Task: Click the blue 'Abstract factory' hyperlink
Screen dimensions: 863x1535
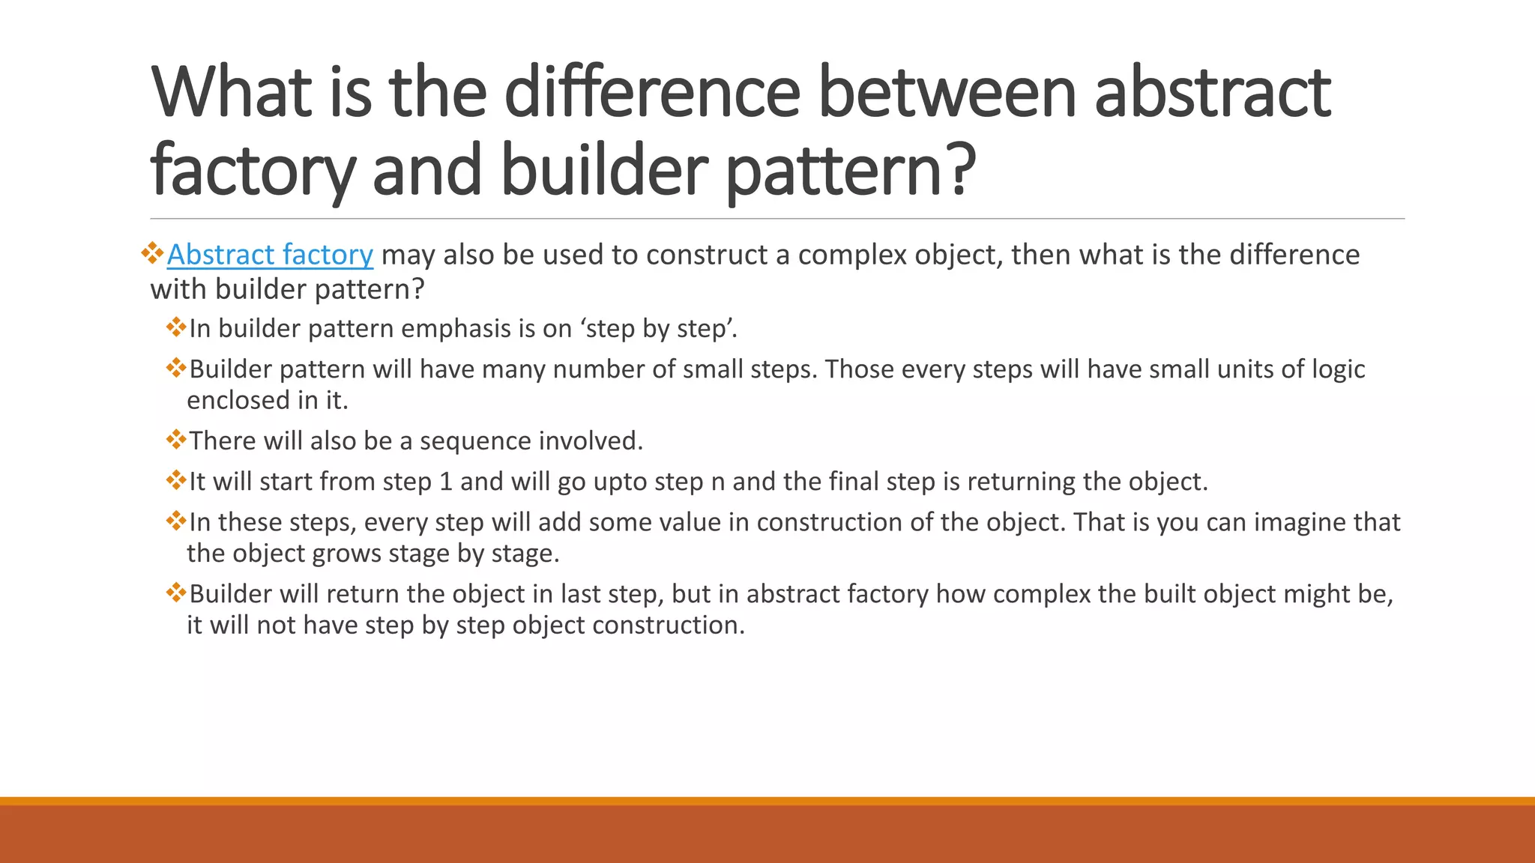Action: (x=270, y=255)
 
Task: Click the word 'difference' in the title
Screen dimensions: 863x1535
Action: (x=652, y=93)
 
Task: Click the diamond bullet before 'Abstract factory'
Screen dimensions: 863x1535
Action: (x=152, y=252)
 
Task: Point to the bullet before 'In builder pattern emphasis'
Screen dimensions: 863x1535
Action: (x=176, y=327)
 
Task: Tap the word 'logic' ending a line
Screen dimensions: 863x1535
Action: (x=1338, y=369)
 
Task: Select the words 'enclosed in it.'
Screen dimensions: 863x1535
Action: (x=268, y=401)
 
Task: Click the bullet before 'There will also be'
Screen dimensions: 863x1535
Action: (x=176, y=439)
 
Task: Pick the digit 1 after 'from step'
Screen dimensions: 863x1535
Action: (x=446, y=482)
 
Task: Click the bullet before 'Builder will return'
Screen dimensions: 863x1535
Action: (x=176, y=593)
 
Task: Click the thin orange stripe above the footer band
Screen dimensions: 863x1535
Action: (x=767, y=801)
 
